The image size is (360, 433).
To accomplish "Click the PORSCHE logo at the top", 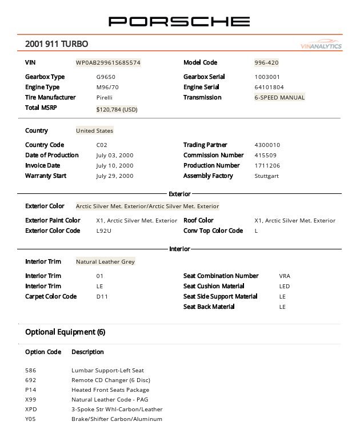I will pos(179,22).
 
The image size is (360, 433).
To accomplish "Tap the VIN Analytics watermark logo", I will pos(321,46).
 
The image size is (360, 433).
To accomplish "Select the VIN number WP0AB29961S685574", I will pos(108,63).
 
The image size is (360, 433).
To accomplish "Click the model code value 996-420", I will pos(266,63).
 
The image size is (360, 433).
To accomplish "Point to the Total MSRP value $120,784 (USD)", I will pos(117,109).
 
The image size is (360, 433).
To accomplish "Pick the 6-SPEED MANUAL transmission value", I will pos(279,98).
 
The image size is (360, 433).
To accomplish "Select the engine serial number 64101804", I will pos(269,88).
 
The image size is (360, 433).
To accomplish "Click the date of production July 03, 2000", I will pos(114,156).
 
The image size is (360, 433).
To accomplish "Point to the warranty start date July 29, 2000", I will pos(114,176).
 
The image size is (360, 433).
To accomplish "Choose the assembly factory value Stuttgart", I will pos(266,176).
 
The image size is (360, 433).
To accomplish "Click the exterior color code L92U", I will pos(104,231).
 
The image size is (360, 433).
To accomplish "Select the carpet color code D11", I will pos(102,297).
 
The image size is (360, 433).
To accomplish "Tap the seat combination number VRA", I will pos(285,276).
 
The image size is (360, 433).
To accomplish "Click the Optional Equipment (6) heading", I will pos(65,332).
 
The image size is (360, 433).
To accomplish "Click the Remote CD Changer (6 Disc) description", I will pos(110,380).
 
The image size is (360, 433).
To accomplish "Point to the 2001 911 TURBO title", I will pos(57,44).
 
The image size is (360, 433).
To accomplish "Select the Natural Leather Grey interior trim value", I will pos(105,262).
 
